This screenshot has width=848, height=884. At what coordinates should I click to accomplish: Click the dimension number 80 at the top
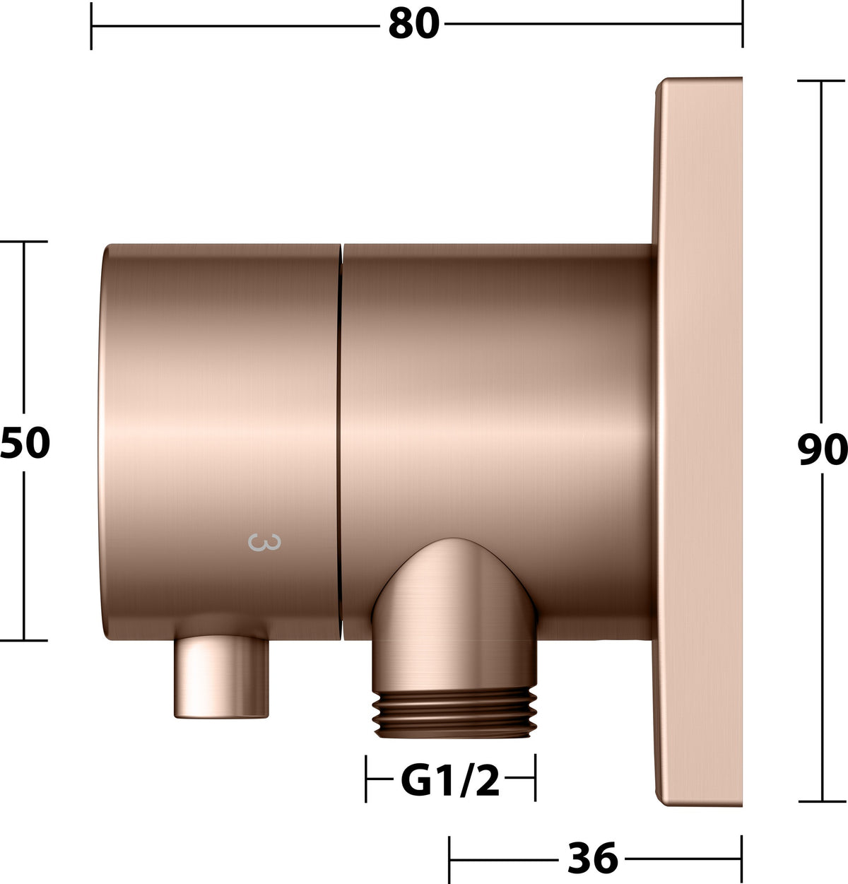point(414,23)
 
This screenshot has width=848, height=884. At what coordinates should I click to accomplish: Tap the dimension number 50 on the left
point(25,443)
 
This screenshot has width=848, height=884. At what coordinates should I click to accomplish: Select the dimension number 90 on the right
point(822,449)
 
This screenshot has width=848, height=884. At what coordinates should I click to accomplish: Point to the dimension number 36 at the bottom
point(593,858)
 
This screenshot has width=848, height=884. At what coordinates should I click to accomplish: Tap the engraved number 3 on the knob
point(264,543)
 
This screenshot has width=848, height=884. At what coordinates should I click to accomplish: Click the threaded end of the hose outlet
point(454,714)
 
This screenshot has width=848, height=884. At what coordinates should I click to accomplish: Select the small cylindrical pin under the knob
point(221,677)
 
